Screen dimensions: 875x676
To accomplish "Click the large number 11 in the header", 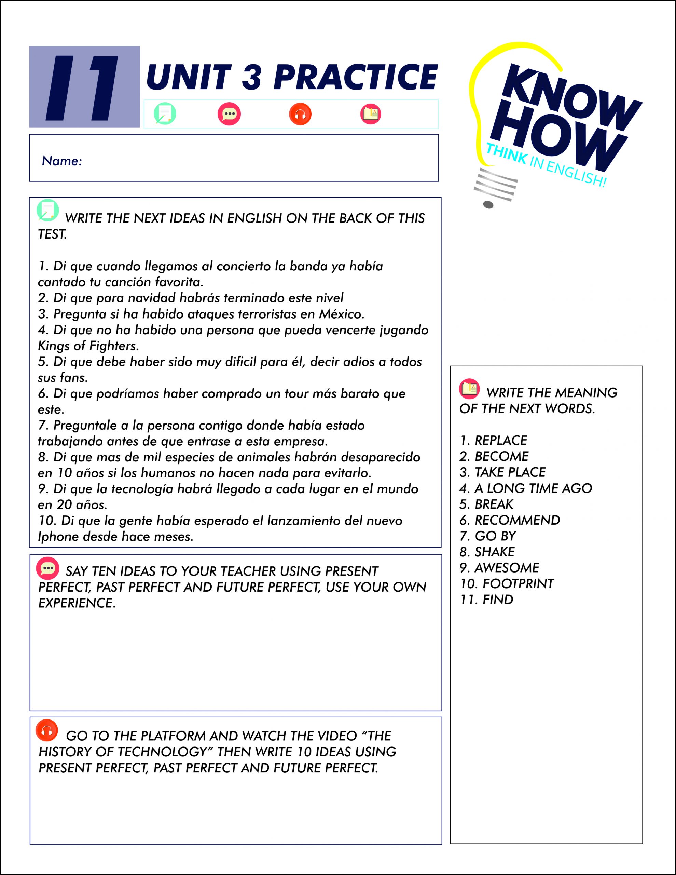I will (84, 88).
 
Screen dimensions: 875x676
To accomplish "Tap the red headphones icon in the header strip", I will (300, 114).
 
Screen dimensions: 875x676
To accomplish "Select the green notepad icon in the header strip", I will (165, 114).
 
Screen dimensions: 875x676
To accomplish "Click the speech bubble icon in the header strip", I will (229, 114).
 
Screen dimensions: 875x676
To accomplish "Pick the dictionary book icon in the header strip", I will (370, 114).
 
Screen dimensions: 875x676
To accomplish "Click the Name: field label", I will (62, 161).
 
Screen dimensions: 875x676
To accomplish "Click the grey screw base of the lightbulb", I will (495, 188).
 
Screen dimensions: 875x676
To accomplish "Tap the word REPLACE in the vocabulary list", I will (500, 441).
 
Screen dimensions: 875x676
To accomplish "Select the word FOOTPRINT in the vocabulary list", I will (518, 584).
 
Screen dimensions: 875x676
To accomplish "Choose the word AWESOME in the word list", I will (507, 568).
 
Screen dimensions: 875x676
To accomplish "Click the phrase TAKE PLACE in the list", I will (510, 472).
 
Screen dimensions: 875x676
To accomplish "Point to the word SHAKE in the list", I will (495, 552).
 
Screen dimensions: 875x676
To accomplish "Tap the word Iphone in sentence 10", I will (58, 537).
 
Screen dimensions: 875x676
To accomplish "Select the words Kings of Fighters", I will (88, 346).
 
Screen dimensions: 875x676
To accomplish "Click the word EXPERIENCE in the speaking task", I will (77, 603).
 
